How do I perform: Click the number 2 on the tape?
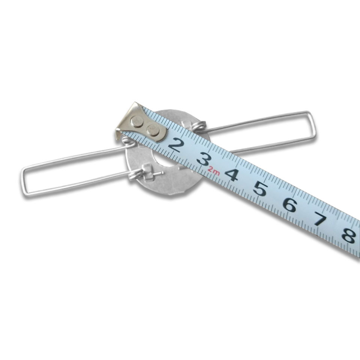tap(176, 144)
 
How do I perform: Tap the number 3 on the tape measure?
tap(204, 159)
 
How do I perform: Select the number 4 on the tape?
tap(231, 174)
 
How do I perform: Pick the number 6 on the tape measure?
tap(289, 204)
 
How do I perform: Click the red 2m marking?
tap(214, 171)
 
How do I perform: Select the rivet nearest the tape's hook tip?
tap(137, 121)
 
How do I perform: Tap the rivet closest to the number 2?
tap(153, 130)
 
